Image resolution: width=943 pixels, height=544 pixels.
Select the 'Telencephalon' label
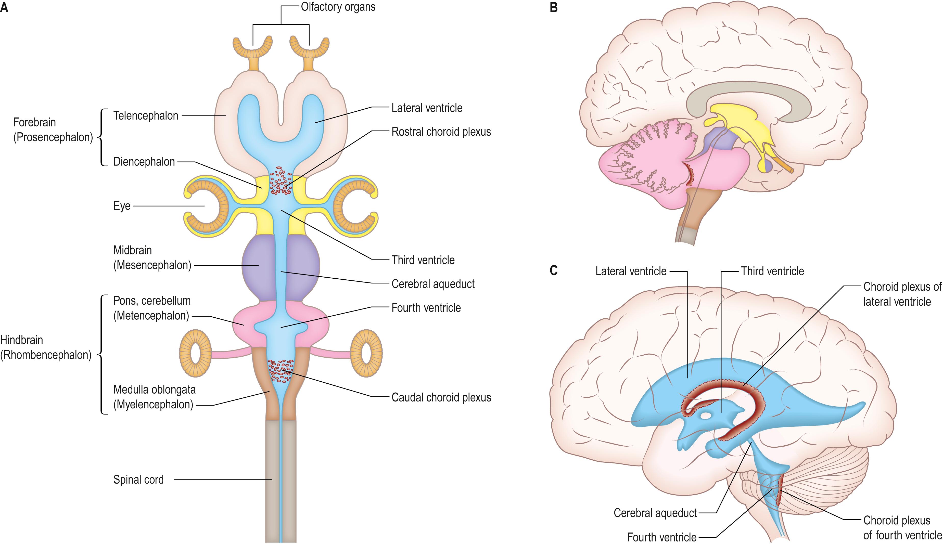[146, 116]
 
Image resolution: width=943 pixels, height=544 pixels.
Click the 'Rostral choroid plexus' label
[441, 132]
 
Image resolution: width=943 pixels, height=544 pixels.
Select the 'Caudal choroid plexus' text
[441, 397]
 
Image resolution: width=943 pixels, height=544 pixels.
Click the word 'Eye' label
[122, 206]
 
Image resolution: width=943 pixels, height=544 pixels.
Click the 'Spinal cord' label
[138, 480]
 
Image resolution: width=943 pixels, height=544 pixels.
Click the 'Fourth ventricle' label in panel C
[661, 537]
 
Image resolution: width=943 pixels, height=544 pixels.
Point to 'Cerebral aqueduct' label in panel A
[433, 284]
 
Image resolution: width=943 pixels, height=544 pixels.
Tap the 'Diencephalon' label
[144, 162]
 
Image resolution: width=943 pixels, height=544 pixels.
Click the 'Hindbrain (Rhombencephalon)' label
[46, 347]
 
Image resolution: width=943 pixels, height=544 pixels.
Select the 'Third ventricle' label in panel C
[772, 271]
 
